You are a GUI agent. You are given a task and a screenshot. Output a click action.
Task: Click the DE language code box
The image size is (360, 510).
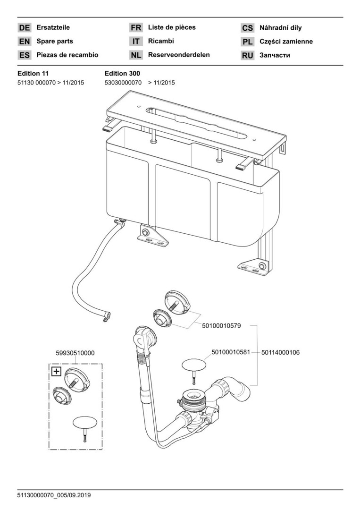tap(25, 28)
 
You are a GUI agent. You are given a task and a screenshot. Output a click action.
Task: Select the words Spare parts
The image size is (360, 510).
tap(55, 41)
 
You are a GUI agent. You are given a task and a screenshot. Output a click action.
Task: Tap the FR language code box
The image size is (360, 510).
tap(136, 28)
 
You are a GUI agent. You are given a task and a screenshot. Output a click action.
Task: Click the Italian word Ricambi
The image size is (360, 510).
tap(161, 41)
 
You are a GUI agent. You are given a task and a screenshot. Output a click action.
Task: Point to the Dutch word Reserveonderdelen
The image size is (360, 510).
tap(179, 55)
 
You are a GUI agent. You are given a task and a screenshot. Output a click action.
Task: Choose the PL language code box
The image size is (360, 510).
tap(248, 42)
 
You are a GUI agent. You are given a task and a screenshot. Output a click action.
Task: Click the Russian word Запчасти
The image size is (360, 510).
tap(275, 55)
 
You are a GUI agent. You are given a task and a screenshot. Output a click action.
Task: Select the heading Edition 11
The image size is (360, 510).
tap(33, 73)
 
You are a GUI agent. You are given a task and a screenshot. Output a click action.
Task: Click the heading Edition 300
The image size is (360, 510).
tap(122, 73)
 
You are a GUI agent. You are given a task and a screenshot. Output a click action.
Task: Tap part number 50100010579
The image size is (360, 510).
tap(221, 325)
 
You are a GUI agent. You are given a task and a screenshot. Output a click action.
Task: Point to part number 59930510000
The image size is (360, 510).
tap(75, 353)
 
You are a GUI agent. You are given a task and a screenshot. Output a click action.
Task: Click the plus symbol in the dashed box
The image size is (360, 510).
tap(56, 371)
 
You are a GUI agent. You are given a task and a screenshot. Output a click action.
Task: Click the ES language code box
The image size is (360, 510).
tap(25, 55)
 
